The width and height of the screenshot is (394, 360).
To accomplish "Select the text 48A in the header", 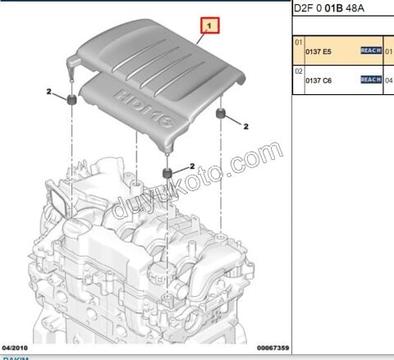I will coord(355,9).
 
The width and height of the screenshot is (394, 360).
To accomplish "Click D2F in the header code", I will coord(304,9).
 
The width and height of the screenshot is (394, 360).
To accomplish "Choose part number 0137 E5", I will coord(320,51).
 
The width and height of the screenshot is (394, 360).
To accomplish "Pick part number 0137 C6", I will coord(320,80).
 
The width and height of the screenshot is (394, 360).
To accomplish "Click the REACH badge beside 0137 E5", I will coord(371,51).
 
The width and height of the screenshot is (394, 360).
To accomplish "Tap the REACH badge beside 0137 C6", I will coord(371,80).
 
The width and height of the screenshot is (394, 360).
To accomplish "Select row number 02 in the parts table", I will coord(299,71).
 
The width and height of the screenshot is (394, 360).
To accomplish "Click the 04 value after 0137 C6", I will coord(389,80).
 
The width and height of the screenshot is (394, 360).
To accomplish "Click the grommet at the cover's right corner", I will coord(221,112).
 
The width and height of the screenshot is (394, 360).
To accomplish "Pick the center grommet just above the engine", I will coord(167,173).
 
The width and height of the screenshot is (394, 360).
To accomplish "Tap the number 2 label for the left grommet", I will coord(49,91).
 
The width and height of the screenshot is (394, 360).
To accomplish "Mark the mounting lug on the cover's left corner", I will coord(72,60).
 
